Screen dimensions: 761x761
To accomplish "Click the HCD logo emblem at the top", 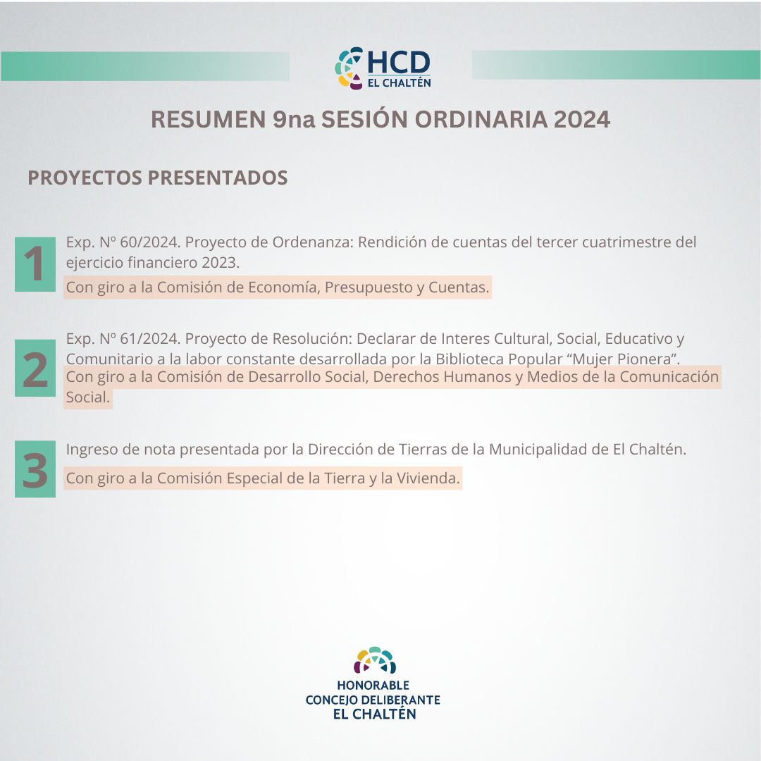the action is (349, 68).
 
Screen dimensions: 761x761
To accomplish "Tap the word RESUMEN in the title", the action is (208, 119).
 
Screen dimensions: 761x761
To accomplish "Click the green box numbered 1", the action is (35, 264).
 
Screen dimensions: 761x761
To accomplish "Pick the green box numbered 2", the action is (35, 369).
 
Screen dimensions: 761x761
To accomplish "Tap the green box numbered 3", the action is (35, 469).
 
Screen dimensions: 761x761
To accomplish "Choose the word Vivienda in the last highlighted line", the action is (428, 478).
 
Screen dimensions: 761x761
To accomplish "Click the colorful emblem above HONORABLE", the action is (374, 660).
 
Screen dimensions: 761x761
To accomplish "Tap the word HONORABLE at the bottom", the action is (373, 686).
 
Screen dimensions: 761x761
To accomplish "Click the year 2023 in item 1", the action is (221, 263).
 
